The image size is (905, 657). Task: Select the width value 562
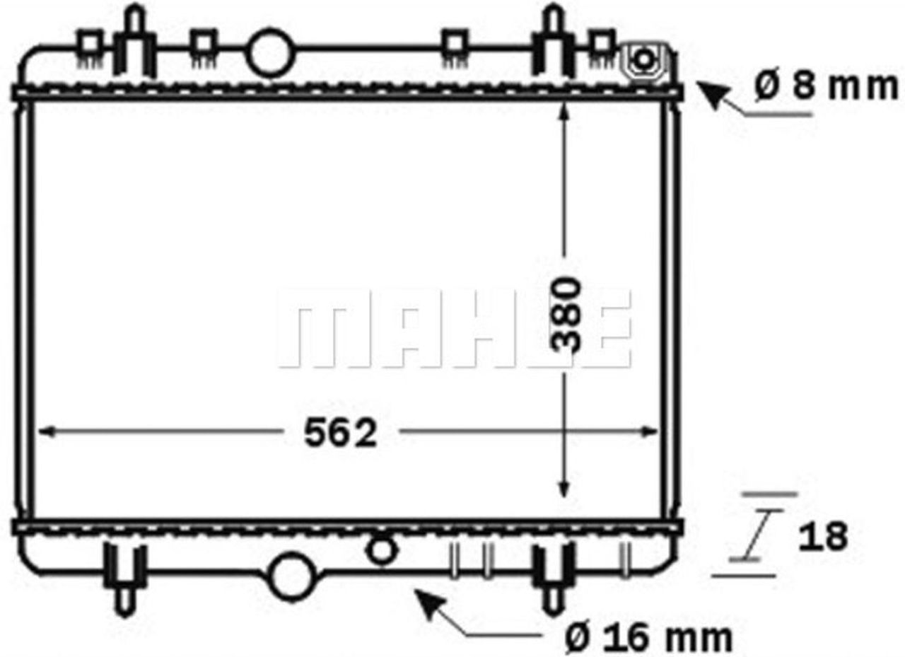(340, 434)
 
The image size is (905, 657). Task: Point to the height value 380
(567, 314)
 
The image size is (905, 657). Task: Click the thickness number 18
(823, 537)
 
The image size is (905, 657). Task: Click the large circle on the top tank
(269, 52)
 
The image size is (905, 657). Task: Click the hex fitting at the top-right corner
(643, 61)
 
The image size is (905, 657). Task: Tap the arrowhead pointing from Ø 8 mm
(711, 95)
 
